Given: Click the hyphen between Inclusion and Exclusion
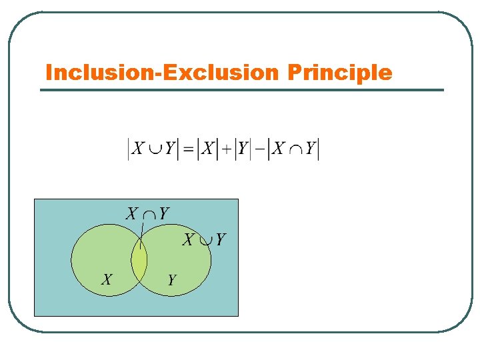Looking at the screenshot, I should click(157, 73).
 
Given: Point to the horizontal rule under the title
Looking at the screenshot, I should click(241, 90).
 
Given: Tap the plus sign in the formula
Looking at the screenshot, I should click(227, 150).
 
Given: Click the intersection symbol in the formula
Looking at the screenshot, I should click(295, 150).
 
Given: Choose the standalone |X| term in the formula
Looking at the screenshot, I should click(208, 149).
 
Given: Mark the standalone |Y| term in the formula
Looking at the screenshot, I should click(243, 149).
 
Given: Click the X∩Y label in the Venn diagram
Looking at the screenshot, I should click(148, 214).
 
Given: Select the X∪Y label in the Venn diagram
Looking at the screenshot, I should click(204, 239).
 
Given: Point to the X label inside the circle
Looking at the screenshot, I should click(107, 279).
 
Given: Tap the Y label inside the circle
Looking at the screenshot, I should click(171, 280).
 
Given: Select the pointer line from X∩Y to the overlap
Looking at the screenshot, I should click(141, 235).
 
